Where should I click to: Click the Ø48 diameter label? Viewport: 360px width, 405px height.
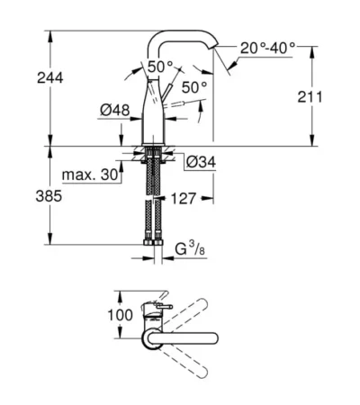click(x=112, y=111)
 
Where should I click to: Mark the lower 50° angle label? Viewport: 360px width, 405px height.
click(x=195, y=87)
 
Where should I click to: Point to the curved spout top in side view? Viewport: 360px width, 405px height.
click(x=185, y=33)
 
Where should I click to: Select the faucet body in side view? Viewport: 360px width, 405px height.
click(x=155, y=112)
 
